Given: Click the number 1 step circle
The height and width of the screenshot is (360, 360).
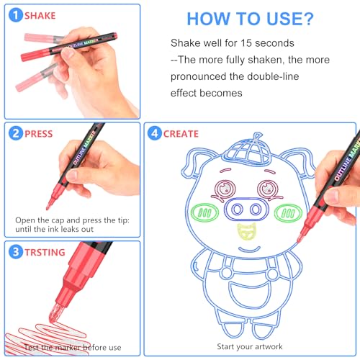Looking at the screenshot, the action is [x=16, y=15].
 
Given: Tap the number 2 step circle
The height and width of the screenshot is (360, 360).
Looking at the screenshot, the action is [x=16, y=133].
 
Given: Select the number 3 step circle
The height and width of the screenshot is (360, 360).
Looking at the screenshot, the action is [x=16, y=252].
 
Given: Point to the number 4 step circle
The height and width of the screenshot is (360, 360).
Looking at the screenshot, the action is [x=155, y=133].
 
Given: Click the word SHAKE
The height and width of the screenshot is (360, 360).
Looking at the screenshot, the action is [x=40, y=16].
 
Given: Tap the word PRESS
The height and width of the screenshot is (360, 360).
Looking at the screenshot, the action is [x=39, y=134].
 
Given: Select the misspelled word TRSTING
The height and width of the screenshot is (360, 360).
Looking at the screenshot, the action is [x=45, y=253].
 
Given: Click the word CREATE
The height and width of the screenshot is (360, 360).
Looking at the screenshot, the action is [x=181, y=134].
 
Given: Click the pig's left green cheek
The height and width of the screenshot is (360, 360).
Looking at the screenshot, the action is [x=204, y=212].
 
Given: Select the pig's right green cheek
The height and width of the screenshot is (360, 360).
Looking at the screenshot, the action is [x=288, y=213].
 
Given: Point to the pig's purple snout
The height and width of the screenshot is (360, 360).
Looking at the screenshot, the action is [x=246, y=209].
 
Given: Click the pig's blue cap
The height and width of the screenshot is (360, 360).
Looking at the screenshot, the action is [x=247, y=149].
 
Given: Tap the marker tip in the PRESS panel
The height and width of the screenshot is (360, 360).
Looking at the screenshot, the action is [x=50, y=204].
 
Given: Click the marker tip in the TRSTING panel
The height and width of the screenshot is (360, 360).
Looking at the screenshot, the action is [x=55, y=312].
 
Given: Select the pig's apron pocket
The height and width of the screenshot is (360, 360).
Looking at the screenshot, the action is [x=248, y=294].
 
